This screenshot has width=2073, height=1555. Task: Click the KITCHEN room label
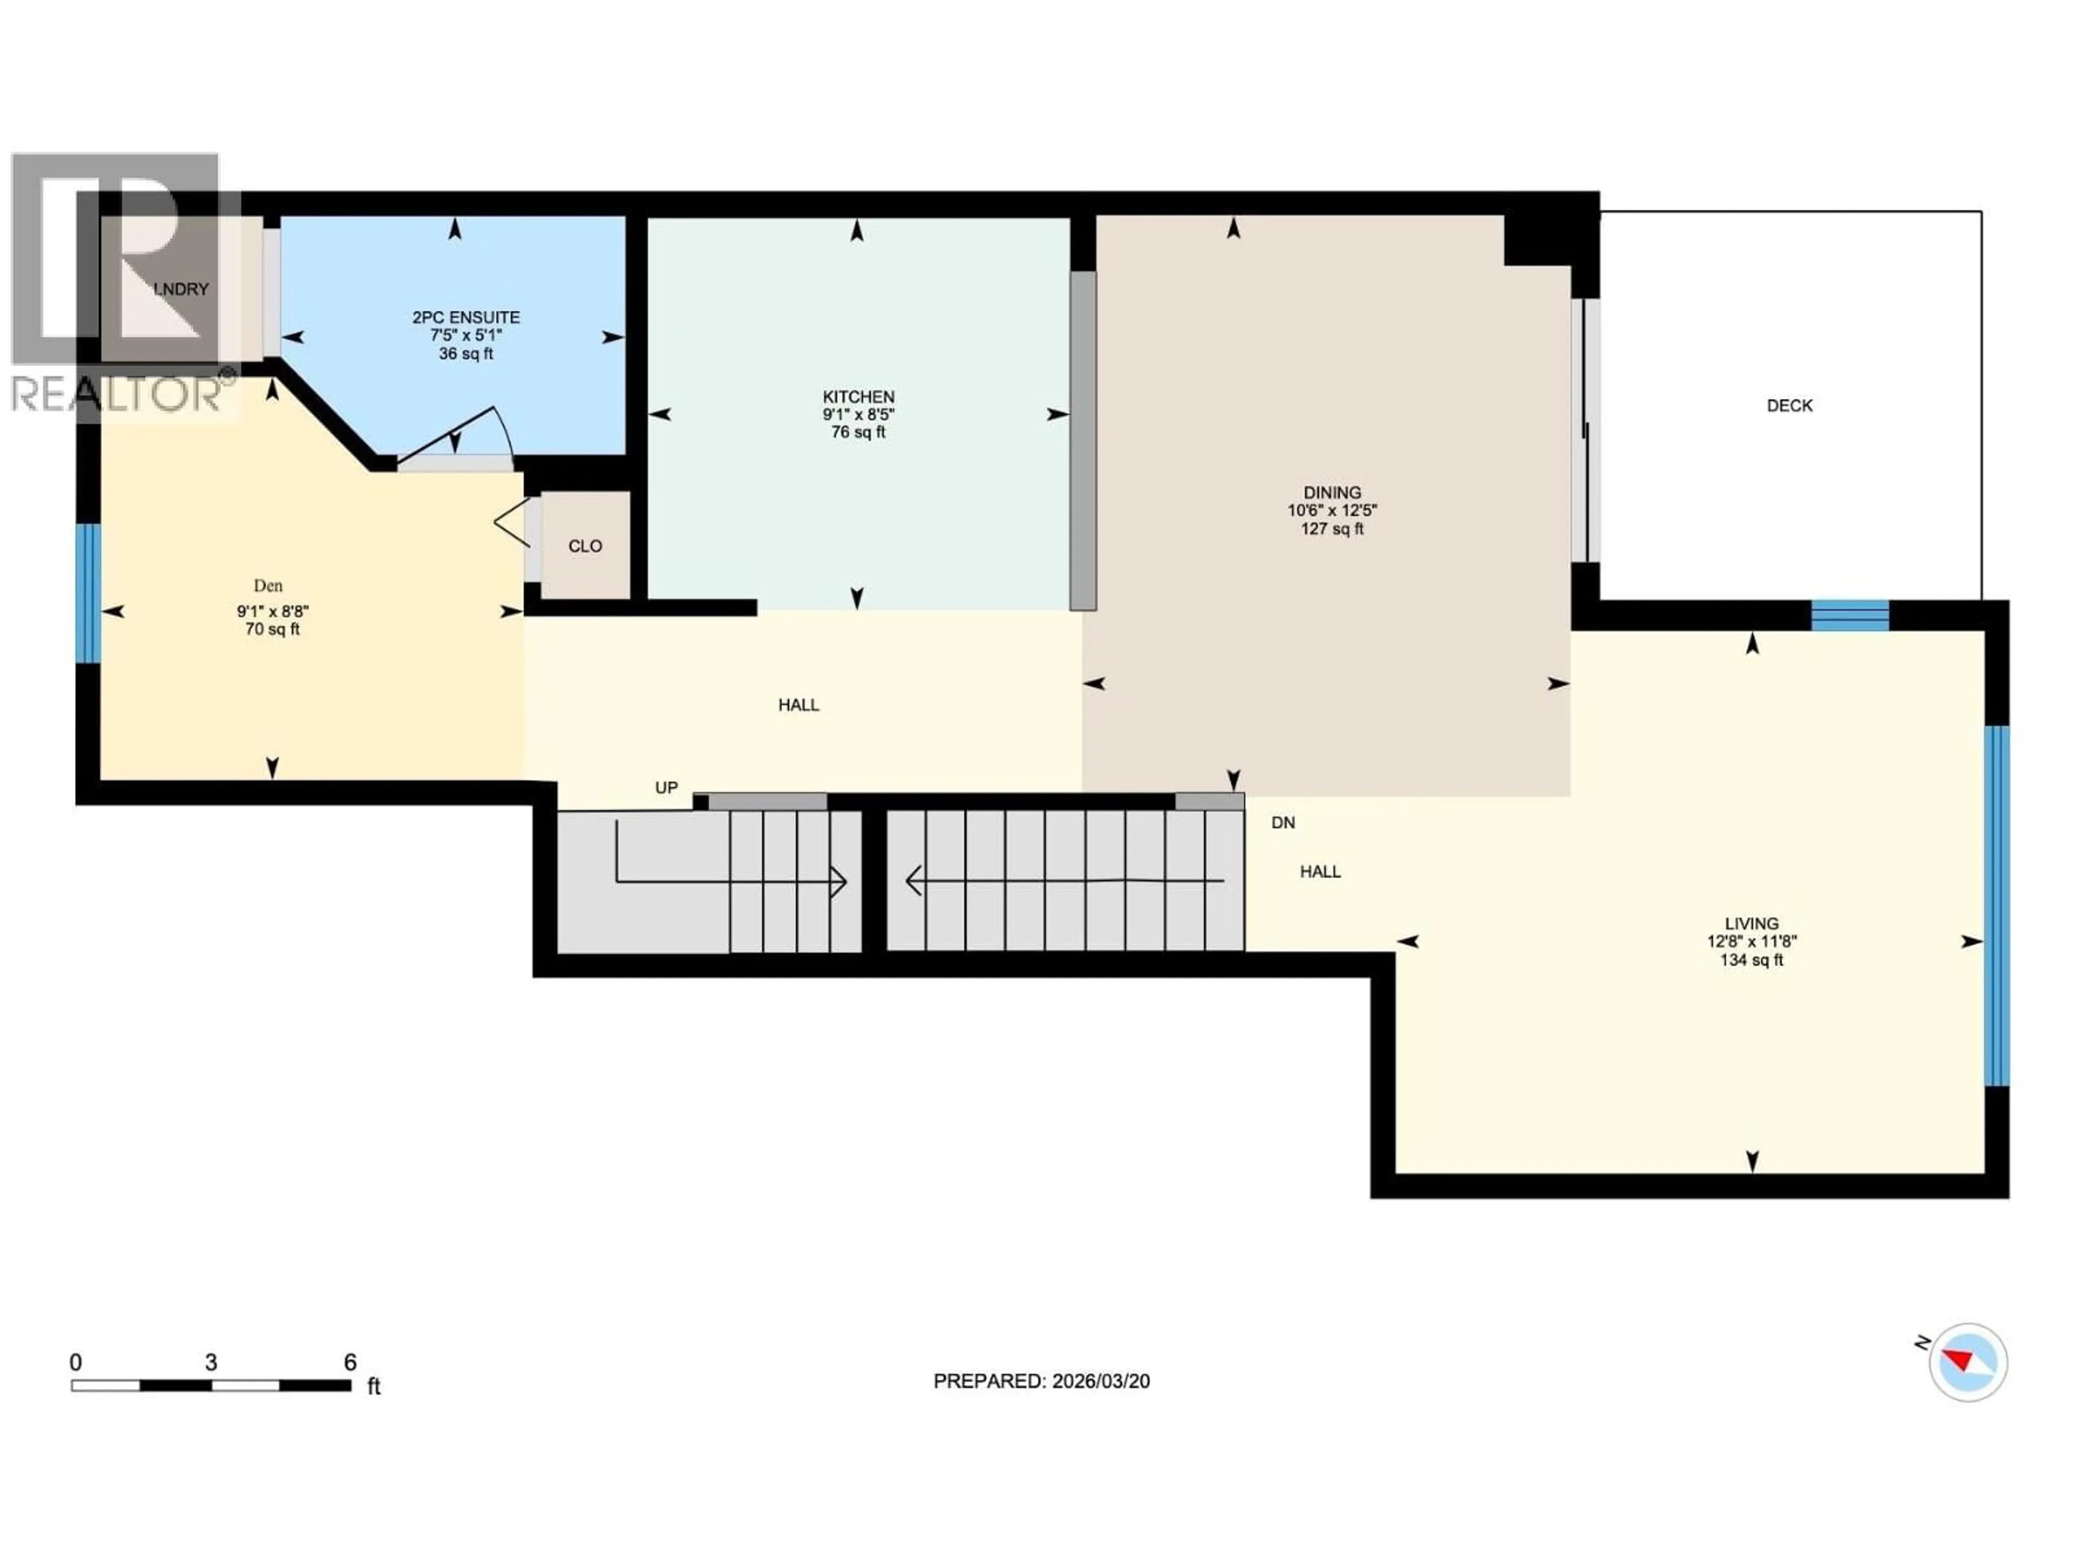(857, 396)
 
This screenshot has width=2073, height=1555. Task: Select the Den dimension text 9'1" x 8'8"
(272, 611)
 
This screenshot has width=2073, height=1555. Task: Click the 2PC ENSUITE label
(466, 317)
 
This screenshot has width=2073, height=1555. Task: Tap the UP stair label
(666, 787)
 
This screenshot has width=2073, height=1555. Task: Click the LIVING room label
(1751, 923)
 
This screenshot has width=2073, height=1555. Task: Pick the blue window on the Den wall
(88, 592)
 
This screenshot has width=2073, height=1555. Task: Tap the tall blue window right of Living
(1996, 904)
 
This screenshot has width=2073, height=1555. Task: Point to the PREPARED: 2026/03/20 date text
(1041, 1381)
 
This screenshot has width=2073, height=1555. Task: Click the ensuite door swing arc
(502, 431)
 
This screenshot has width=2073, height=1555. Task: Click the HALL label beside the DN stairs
(1319, 871)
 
